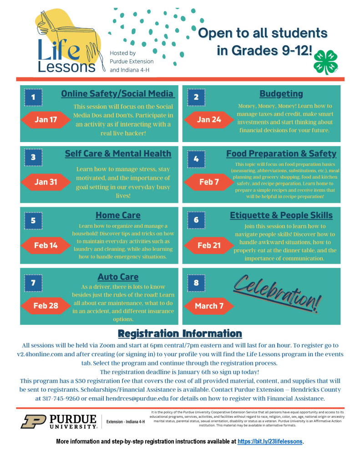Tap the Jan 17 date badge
[46, 120]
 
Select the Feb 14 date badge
[46, 245]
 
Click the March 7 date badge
[209, 306]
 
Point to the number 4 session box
[196, 159]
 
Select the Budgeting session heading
[281, 94]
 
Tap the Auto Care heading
[118, 277]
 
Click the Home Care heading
[118, 215]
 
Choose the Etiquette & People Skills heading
[281, 215]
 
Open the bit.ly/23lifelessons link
[270, 441]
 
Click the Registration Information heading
[180, 333]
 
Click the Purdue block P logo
[33, 421]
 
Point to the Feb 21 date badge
[209, 245]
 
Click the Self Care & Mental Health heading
[118, 154]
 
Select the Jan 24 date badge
[209, 120]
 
